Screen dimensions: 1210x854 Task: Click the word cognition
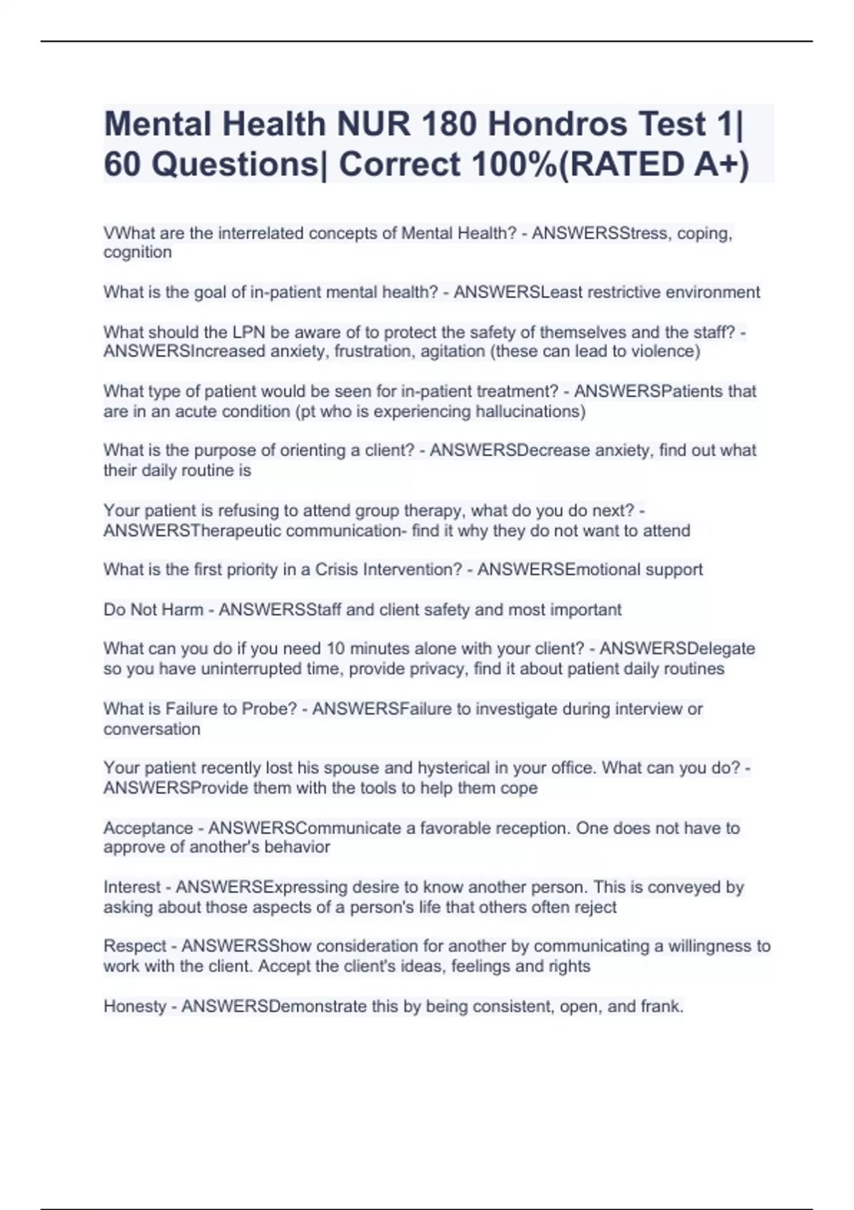point(137,253)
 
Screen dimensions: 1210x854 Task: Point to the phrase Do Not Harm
point(153,610)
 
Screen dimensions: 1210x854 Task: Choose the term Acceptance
point(148,828)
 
